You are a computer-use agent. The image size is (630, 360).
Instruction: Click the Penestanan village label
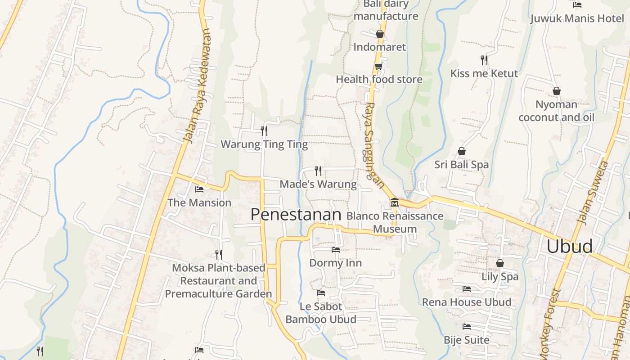(x=296, y=215)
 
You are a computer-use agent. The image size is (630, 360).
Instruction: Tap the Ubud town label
(x=569, y=247)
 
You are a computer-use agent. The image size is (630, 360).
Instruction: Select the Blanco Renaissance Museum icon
(x=395, y=202)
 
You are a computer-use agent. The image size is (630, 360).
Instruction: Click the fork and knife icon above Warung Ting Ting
(x=264, y=130)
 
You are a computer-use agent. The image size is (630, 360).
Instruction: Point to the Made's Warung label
(x=318, y=184)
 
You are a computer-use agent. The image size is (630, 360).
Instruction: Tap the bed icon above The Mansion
(x=199, y=189)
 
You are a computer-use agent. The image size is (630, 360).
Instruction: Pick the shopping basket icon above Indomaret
(x=379, y=34)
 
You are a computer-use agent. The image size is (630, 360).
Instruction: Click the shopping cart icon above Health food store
(x=378, y=67)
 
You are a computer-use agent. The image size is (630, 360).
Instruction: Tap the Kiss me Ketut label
(x=484, y=73)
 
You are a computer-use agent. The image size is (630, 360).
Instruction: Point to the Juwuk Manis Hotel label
(x=577, y=18)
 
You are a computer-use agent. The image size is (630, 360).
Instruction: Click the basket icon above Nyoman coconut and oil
(x=557, y=91)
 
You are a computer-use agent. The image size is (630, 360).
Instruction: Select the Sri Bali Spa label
(x=461, y=165)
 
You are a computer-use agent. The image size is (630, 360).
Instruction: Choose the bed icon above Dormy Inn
(x=335, y=249)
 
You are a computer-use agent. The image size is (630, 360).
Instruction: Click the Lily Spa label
(x=500, y=276)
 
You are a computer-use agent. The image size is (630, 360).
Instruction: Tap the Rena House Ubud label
(x=467, y=302)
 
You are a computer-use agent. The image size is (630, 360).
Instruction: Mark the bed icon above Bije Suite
(x=467, y=326)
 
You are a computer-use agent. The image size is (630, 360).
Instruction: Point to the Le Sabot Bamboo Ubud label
(x=321, y=313)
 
